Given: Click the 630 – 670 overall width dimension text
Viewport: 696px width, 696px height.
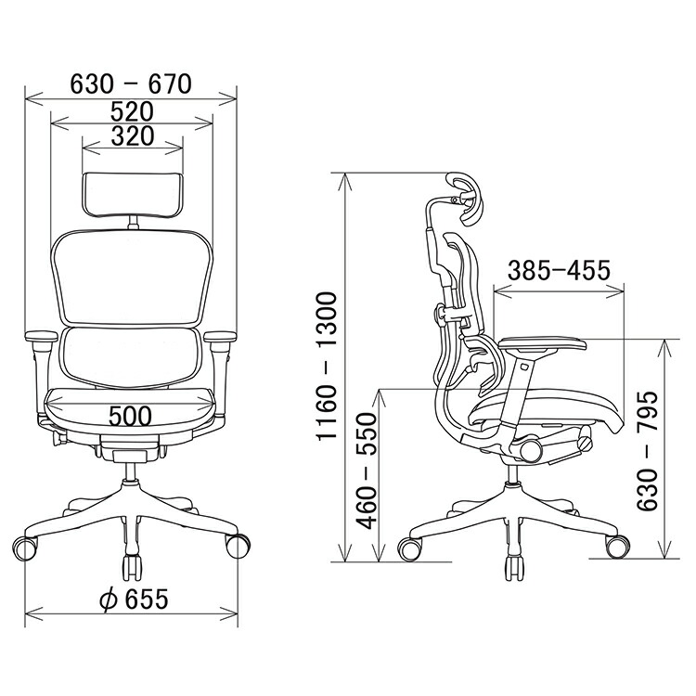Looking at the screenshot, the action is click(x=131, y=84).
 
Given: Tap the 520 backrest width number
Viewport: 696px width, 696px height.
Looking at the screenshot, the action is click(x=133, y=112).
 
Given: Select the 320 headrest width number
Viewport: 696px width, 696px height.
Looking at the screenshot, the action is click(x=133, y=136).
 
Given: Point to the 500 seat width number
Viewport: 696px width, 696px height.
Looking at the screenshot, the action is click(x=130, y=417).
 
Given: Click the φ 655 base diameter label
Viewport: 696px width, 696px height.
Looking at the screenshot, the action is click(x=134, y=599).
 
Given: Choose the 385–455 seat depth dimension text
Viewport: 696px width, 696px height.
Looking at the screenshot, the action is click(x=559, y=270).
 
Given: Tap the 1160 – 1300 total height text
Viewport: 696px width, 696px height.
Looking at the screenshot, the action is click(x=328, y=367).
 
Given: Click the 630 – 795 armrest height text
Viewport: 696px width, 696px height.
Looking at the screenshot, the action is click(x=646, y=450).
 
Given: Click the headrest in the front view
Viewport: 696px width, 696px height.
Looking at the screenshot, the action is click(x=133, y=195).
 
